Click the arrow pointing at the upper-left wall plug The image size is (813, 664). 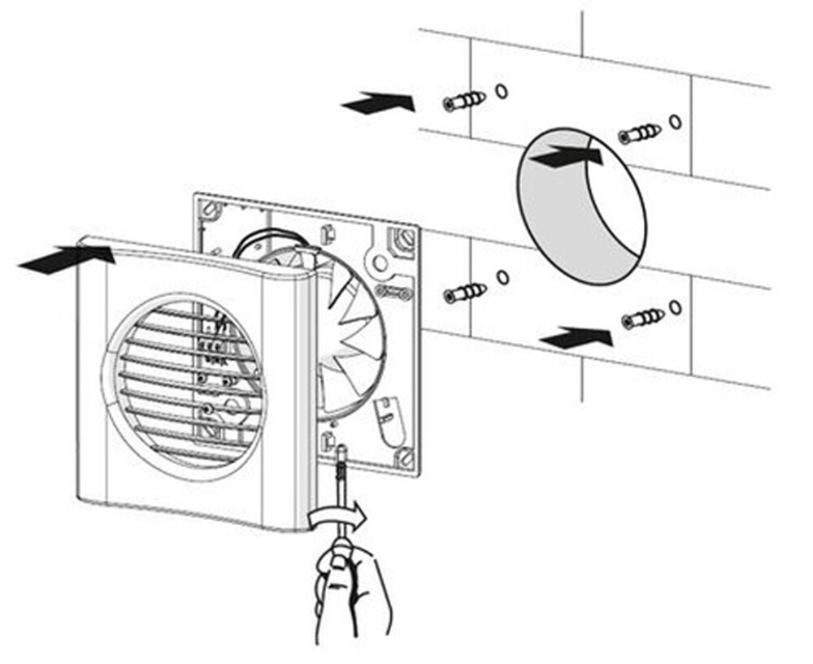click(378, 104)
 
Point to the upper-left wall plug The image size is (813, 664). click(464, 102)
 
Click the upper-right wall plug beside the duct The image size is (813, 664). click(639, 133)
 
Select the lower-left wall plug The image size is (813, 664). click(465, 293)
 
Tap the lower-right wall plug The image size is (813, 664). click(642, 319)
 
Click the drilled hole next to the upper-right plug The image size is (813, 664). click(675, 121)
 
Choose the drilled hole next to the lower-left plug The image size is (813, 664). click(502, 278)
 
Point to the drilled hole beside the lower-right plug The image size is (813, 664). click(676, 306)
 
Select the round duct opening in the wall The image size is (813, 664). click(582, 213)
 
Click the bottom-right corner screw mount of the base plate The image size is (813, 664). click(404, 458)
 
